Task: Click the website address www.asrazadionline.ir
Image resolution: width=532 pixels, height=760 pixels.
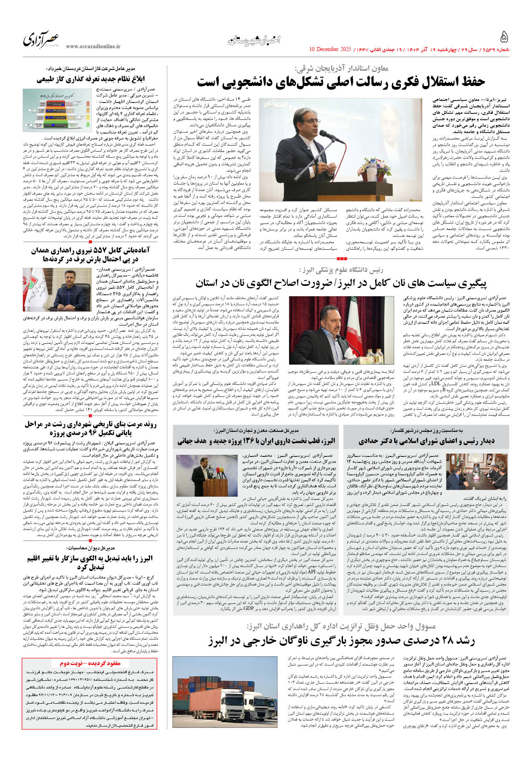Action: [93, 46]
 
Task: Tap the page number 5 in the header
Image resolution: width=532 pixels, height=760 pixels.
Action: [504, 37]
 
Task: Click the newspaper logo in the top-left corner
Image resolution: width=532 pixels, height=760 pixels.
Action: [41, 39]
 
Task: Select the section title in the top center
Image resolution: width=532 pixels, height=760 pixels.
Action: [254, 40]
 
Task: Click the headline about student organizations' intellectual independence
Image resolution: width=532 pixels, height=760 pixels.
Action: [341, 82]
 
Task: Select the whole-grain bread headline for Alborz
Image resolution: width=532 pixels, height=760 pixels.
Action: [341, 283]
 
